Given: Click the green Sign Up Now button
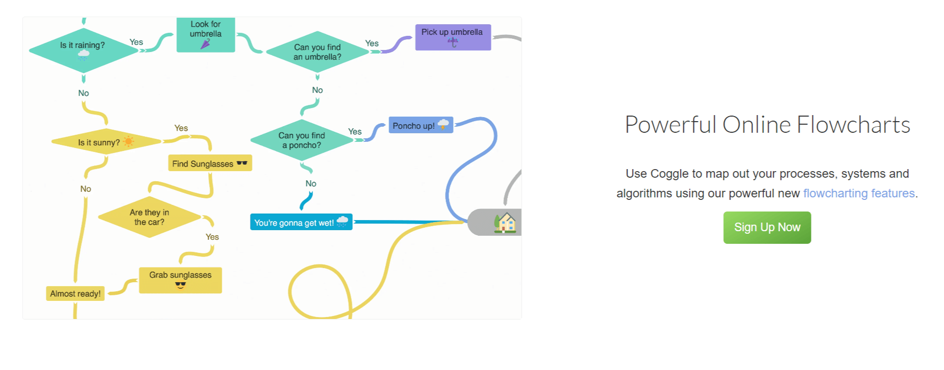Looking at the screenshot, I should [767, 228].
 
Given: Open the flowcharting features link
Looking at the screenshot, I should [858, 193].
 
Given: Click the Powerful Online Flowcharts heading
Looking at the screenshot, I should [767, 125].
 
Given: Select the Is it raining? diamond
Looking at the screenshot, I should [83, 50].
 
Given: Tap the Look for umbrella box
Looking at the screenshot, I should [206, 34].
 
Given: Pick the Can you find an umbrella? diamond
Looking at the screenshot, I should [318, 52].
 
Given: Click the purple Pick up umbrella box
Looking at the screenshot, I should [453, 37].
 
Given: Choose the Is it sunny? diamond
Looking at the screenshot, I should [106, 142].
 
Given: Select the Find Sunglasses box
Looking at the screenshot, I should [210, 164].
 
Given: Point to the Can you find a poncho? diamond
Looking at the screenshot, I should [301, 140].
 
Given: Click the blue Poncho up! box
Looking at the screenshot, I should [420, 125].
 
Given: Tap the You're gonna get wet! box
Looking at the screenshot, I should [301, 223].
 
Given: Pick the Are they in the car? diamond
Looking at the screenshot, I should [149, 217].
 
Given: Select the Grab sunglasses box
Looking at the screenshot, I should [180, 280].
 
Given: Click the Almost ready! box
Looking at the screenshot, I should [75, 294].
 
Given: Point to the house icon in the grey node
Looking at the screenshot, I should [506, 223].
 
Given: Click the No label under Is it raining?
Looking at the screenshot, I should [84, 93].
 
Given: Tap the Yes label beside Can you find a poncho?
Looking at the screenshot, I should [355, 132].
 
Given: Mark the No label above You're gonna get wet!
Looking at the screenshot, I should [311, 184].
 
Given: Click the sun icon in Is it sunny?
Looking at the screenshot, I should [129, 141].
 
